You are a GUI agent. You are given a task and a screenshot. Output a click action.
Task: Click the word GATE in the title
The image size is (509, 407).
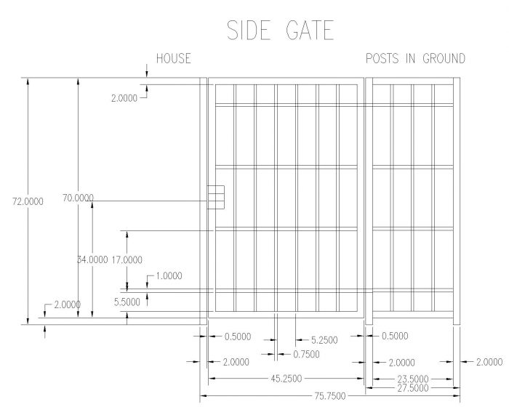pyautogui.click(x=309, y=31)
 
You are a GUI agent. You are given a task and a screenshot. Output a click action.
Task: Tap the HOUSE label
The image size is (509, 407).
pyautogui.click(x=173, y=59)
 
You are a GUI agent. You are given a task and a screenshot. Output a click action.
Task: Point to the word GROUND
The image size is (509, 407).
pyautogui.click(x=443, y=59)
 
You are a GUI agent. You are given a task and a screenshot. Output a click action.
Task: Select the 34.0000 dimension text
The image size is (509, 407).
pyautogui.click(x=92, y=259)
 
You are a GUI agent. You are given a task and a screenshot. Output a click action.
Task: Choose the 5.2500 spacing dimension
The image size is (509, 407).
pyautogui.click(x=325, y=339)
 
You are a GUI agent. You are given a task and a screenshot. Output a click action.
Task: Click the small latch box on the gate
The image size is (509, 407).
pyautogui.click(x=216, y=196)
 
